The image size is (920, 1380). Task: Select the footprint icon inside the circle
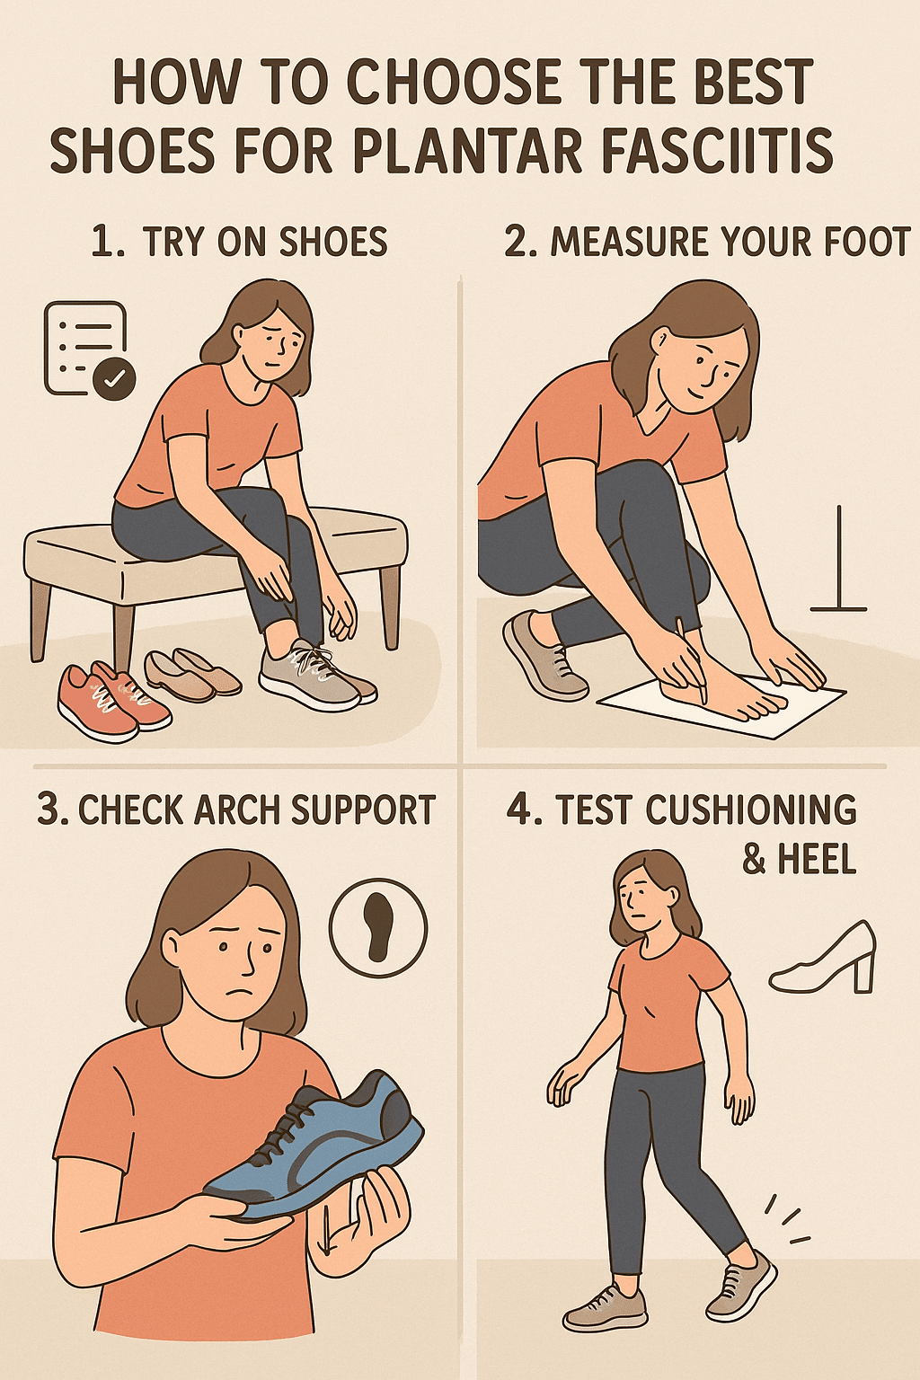click(378, 926)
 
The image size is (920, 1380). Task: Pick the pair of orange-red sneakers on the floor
click(111, 700)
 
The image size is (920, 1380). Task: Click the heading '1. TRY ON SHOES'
click(239, 243)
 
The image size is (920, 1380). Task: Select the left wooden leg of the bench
click(41, 620)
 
